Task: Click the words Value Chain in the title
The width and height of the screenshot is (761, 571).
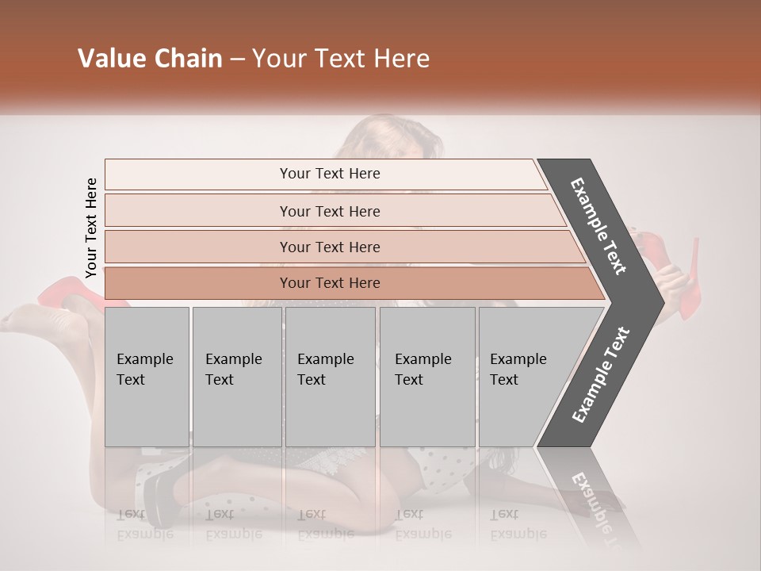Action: [150, 59]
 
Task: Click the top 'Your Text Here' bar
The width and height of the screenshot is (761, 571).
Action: [329, 174]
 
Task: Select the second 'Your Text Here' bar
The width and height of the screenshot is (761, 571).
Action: [329, 211]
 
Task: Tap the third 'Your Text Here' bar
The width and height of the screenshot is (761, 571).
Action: [329, 247]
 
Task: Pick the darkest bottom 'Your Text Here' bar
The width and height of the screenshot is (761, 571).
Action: [329, 283]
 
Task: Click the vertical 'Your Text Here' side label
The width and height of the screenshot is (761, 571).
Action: [91, 228]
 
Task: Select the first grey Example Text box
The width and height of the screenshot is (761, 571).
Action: [147, 377]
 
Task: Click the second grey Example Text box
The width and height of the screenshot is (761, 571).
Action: [236, 377]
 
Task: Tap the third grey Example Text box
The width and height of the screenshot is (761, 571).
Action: [330, 377]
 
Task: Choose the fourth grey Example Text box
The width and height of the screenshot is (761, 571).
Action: [426, 377]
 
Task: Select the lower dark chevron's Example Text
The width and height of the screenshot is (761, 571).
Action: [601, 374]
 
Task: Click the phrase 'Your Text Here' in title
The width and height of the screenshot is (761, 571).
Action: [341, 59]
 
